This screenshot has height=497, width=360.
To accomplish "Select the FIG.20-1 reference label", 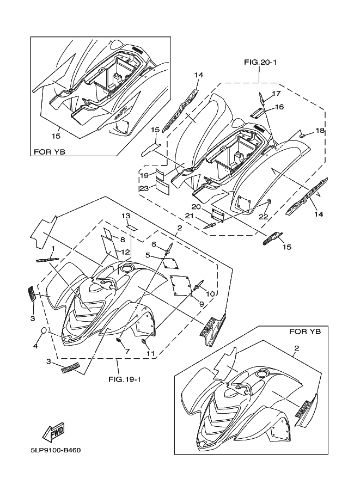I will click(260, 63).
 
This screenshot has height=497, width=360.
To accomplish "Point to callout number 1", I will click(53, 248).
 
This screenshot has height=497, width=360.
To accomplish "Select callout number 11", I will click(150, 354).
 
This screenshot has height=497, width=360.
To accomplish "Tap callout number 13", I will click(124, 216).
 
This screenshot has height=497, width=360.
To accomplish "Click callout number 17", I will click(277, 94).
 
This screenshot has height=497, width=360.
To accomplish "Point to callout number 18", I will click(320, 131).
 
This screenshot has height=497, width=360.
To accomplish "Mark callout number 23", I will click(144, 188).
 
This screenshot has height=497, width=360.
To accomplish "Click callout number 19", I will click(144, 175).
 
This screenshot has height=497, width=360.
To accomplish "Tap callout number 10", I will click(209, 294).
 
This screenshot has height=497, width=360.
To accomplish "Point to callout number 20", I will click(197, 207).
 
